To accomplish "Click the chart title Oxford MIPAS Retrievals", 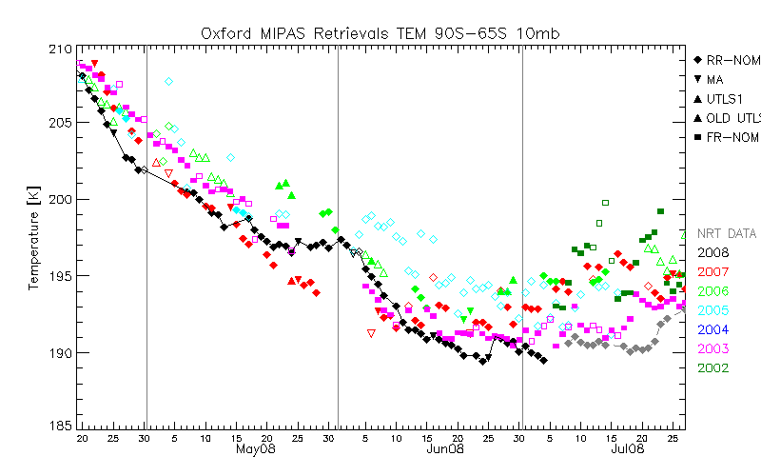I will pyautogui.click(x=380, y=32).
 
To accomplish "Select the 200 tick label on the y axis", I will pyautogui.click(x=59, y=199).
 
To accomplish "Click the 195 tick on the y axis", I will pyautogui.click(x=59, y=276).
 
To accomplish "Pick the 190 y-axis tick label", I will pyautogui.click(x=59, y=352).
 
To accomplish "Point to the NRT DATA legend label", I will pyautogui.click(x=727, y=233).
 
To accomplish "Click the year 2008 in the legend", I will pyautogui.click(x=713, y=252).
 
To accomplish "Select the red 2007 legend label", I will pyautogui.click(x=713, y=271).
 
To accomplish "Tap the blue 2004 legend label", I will pyautogui.click(x=713, y=329).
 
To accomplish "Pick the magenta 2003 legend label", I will pyautogui.click(x=713, y=348).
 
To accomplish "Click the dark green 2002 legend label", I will pyautogui.click(x=713, y=367).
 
